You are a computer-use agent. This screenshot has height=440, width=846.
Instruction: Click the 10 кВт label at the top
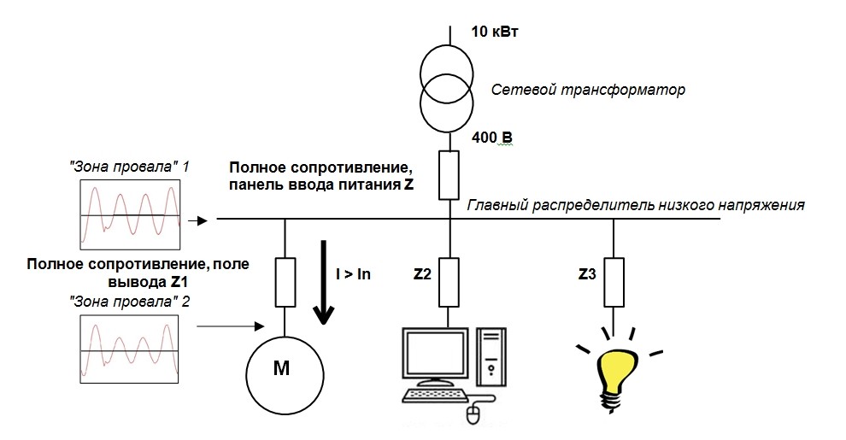496,32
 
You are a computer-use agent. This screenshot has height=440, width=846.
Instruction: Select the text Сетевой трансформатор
589,88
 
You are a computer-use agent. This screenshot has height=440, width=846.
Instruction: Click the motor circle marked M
285,370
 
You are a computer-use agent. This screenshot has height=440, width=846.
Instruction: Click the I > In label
353,274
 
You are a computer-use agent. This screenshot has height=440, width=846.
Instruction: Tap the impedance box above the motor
285,282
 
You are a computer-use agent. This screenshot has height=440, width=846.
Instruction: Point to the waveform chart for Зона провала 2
131,349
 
